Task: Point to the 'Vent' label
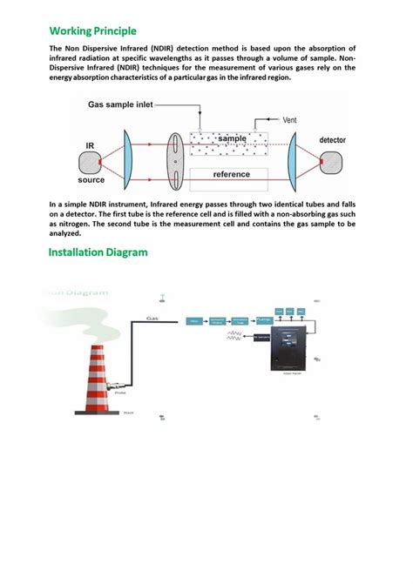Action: pyautogui.click(x=292, y=119)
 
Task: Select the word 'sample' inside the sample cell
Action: pyautogui.click(x=233, y=138)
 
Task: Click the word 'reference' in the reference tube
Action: pyautogui.click(x=232, y=174)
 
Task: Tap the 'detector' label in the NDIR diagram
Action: pyautogui.click(x=336, y=139)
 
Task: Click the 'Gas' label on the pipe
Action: pyautogui.click(x=152, y=318)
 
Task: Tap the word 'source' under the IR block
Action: pyautogui.click(x=91, y=181)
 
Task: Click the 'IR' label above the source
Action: pyautogui.click(x=90, y=145)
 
